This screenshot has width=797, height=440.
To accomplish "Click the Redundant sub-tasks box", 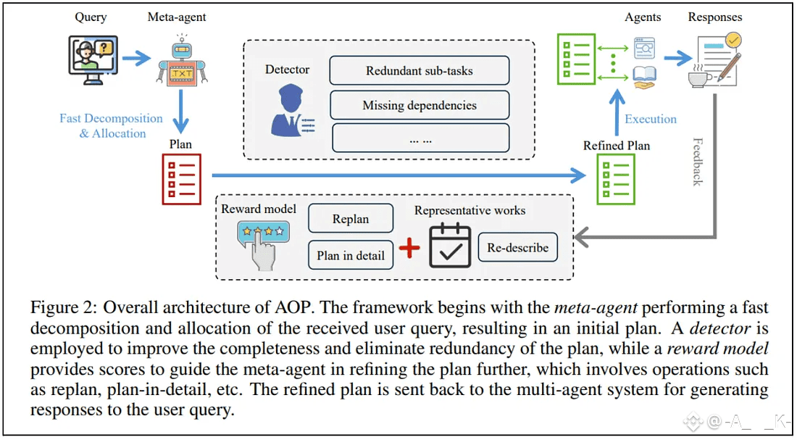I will click(x=420, y=71).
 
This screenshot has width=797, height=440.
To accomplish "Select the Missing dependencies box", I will click(x=420, y=106).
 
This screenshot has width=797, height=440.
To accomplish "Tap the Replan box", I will click(x=351, y=219).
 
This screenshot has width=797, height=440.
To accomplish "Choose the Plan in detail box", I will click(x=351, y=255).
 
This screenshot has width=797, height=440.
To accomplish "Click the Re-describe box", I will click(x=517, y=248).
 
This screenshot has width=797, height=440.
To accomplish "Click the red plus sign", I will click(x=409, y=248).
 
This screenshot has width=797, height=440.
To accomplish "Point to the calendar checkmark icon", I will click(x=450, y=246).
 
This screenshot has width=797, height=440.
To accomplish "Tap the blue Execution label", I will click(x=651, y=120).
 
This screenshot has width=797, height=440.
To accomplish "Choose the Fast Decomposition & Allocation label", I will click(x=111, y=126).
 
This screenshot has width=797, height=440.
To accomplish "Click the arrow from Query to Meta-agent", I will click(x=137, y=57).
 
